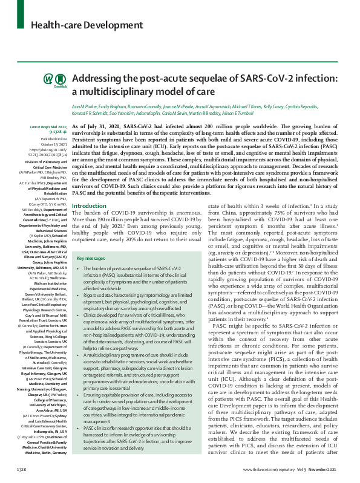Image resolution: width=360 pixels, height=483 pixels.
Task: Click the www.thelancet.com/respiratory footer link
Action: click(x=270, y=469)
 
